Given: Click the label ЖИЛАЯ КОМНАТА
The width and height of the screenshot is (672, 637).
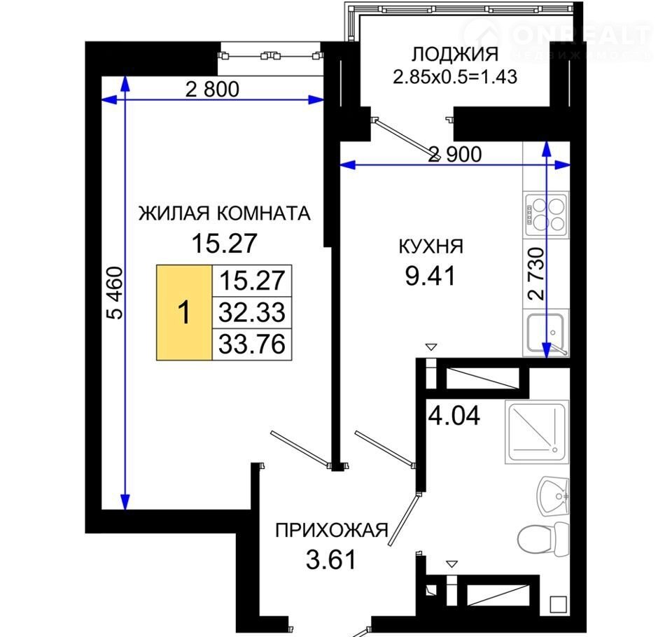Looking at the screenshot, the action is [x=224, y=213].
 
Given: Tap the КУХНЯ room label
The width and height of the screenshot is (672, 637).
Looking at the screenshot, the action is [x=430, y=246].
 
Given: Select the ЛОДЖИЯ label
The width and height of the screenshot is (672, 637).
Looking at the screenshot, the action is [x=455, y=55].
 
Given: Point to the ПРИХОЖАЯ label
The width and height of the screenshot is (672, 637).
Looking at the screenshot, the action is [x=331, y=531].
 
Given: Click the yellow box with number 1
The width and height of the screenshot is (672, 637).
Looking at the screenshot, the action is [x=184, y=312].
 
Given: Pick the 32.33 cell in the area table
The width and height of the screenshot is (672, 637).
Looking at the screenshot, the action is [x=252, y=312].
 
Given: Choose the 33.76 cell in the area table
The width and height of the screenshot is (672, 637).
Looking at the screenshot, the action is [x=252, y=344].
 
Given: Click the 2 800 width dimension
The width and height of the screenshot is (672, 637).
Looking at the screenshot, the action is [x=212, y=90].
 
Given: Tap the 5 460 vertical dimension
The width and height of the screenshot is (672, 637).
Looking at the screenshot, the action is [x=115, y=293].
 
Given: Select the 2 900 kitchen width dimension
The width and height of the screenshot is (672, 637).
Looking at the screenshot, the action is [x=455, y=154].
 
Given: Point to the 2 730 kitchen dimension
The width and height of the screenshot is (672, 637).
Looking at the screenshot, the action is [x=537, y=274].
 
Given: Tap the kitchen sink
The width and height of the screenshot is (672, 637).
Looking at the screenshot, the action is [x=547, y=333].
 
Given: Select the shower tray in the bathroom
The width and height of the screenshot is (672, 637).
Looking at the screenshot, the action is [x=538, y=432].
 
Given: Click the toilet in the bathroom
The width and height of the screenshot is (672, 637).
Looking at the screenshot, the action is [x=543, y=539].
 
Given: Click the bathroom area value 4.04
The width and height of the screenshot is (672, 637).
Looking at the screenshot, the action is [x=454, y=415].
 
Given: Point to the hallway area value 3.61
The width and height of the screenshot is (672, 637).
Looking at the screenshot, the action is [x=331, y=560].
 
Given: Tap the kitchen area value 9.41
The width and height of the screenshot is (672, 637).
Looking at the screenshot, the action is [x=430, y=276].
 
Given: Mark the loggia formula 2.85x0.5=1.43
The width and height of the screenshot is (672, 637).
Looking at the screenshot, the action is [x=455, y=77].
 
